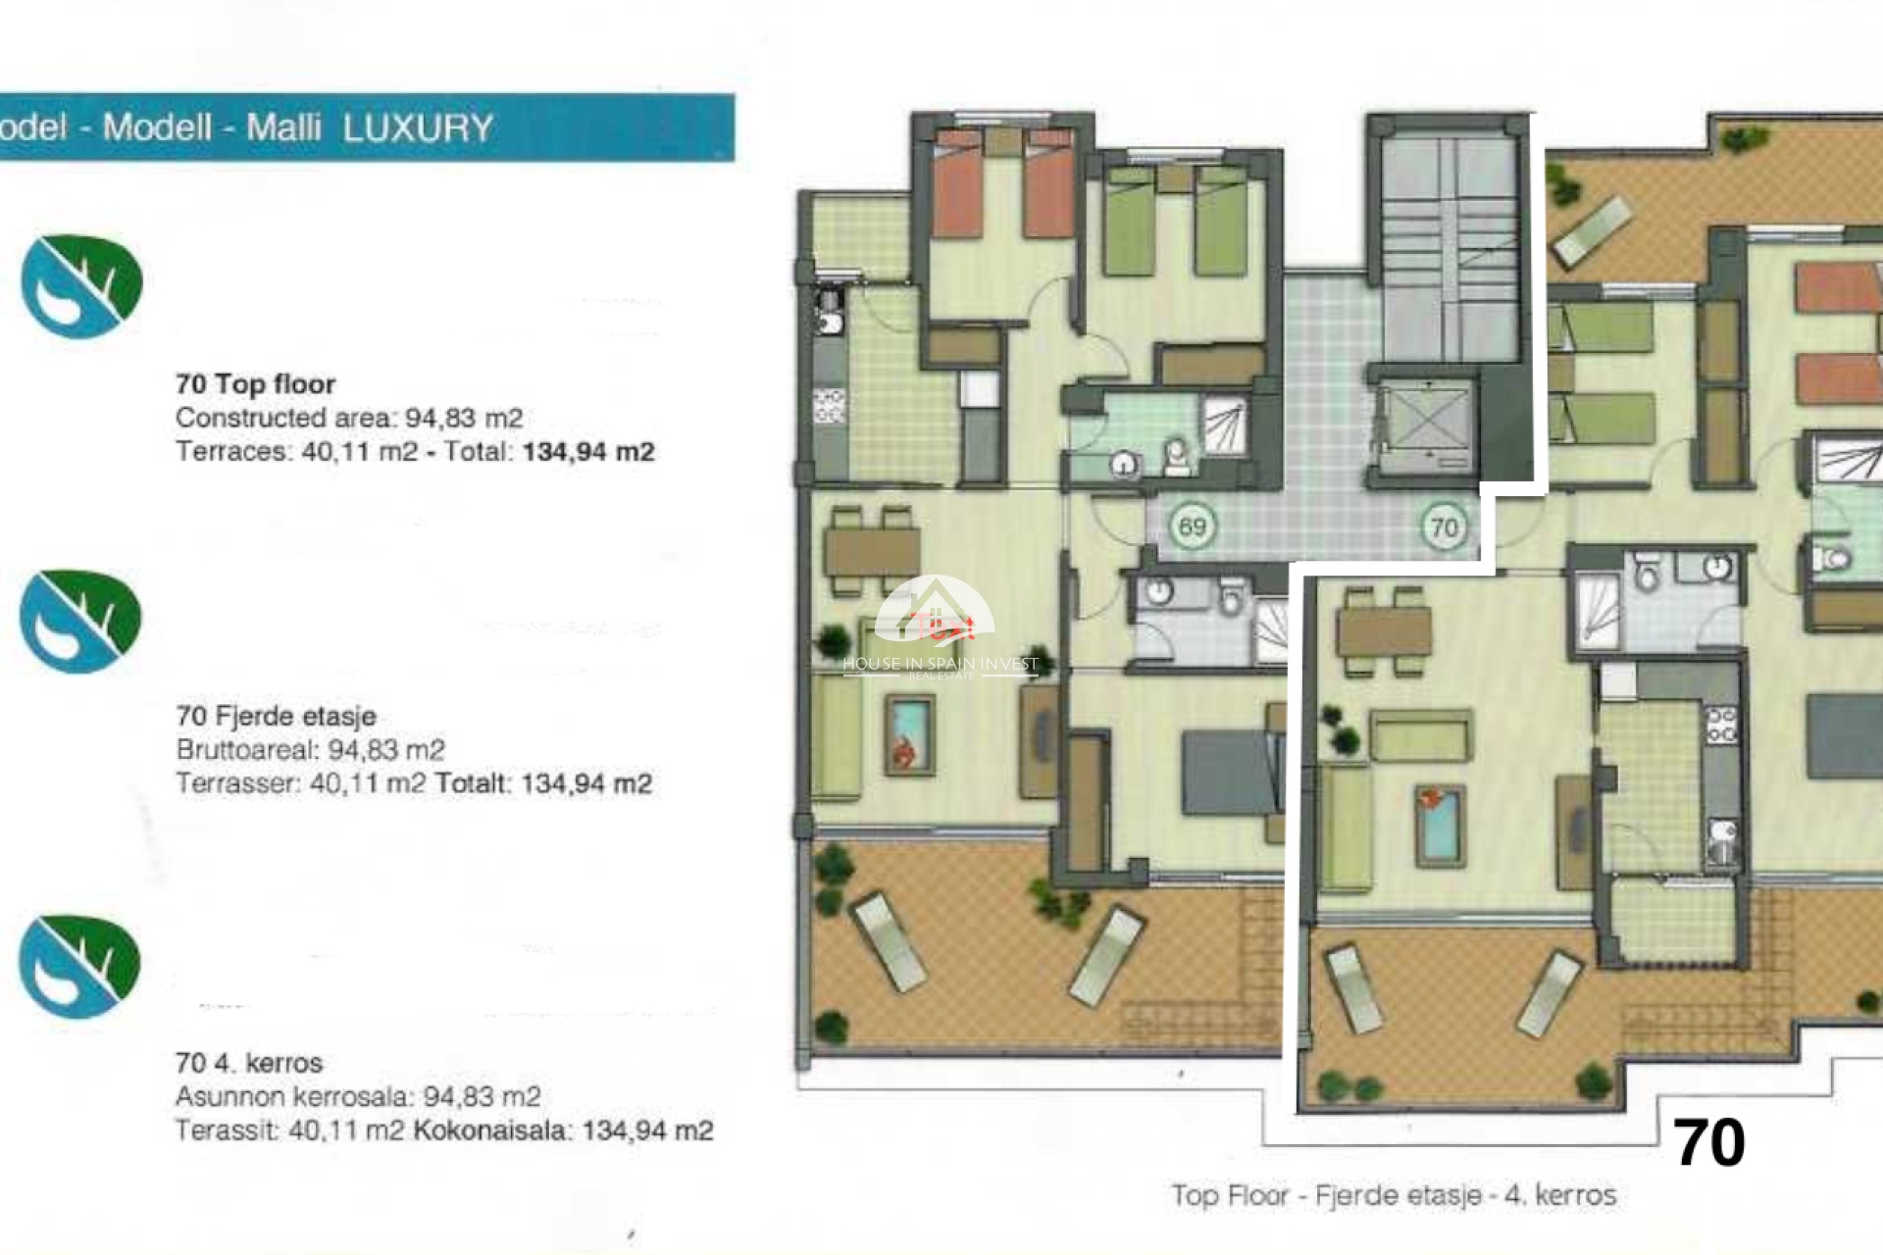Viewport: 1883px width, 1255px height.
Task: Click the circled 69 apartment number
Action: [x=1192, y=527]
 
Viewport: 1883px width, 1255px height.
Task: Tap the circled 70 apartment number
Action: [x=1445, y=528]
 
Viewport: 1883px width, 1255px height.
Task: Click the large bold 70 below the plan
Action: [x=1708, y=1143]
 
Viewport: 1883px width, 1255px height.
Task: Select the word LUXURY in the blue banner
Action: [x=418, y=128]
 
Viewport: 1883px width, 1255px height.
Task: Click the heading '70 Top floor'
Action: [x=255, y=384]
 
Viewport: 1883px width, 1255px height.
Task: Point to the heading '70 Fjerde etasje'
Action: [x=276, y=717]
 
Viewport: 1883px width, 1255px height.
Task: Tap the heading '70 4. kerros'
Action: [x=249, y=1063]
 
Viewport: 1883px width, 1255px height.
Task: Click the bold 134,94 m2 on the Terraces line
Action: [x=587, y=452]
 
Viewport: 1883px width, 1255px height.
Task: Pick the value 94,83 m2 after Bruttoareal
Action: [x=385, y=751]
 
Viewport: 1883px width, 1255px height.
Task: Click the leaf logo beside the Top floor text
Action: [x=82, y=286]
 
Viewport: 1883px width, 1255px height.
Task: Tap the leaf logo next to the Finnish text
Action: [x=80, y=967]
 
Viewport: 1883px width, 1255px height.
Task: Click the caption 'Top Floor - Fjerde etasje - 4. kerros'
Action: [x=1393, y=1195]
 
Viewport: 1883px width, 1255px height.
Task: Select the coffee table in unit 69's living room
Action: [x=909, y=735]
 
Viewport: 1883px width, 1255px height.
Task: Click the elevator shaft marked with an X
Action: [x=1426, y=427]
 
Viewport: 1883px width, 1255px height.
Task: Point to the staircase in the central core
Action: [x=1449, y=245]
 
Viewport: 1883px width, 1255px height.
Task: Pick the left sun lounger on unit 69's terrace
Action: [x=890, y=942]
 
